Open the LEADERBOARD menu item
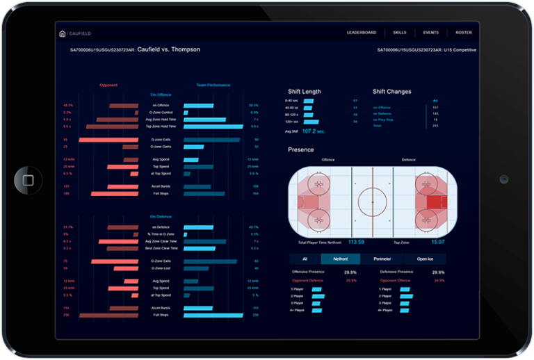pyautogui.click(x=362, y=33)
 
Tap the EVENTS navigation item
pyautogui.click(x=430, y=33)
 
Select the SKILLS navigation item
pyautogui.click(x=399, y=33)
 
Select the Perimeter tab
pyautogui.click(x=382, y=259)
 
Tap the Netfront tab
pyautogui.click(x=341, y=259)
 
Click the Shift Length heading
pyautogui.click(x=305, y=92)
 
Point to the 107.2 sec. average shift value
pyautogui.click(x=314, y=131)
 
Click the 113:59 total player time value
pyautogui.click(x=356, y=242)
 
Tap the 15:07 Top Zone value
pyautogui.click(x=437, y=242)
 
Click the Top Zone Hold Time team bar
pyautogui.click(x=213, y=126)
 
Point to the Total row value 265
pyautogui.click(x=435, y=126)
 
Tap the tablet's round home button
pyautogui.click(x=28, y=180)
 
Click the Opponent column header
pyautogui.click(x=108, y=85)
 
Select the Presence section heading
pyautogui.click(x=301, y=150)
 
